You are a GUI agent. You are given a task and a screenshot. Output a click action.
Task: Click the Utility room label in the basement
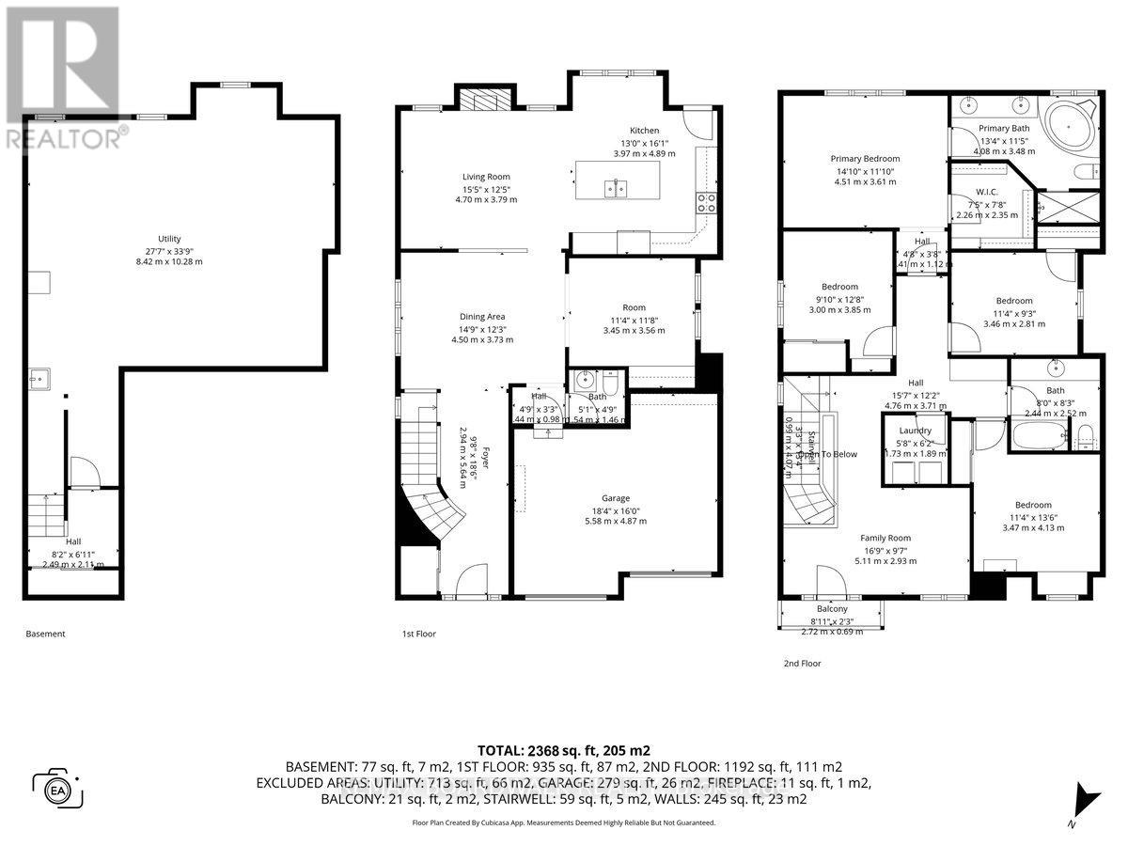click(x=169, y=239)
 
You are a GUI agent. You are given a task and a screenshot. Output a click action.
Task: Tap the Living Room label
click(x=485, y=177)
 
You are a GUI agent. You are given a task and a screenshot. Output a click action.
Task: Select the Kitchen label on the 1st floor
click(x=644, y=131)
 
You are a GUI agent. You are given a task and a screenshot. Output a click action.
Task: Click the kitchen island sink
click(x=616, y=189)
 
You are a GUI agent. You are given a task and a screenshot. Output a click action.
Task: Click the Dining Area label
click(x=483, y=317)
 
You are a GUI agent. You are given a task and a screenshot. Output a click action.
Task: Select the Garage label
click(x=616, y=498)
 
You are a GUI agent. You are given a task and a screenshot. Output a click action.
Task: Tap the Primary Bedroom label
click(x=865, y=159)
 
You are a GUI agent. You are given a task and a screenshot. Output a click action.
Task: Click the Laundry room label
click(x=915, y=431)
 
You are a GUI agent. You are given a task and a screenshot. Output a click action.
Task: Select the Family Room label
click(x=886, y=538)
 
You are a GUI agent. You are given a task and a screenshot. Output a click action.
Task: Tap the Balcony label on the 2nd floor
click(x=831, y=609)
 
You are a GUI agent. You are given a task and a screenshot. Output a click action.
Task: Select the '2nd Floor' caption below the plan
click(x=801, y=663)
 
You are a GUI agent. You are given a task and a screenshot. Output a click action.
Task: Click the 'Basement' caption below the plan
click(x=45, y=634)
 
